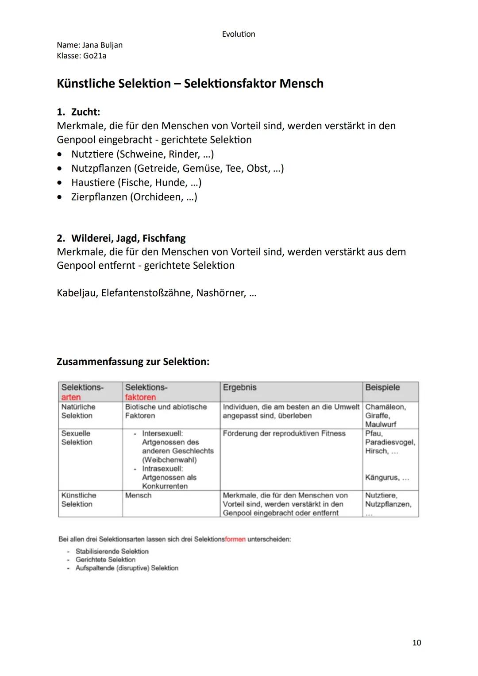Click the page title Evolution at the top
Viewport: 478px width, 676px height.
coord(238,34)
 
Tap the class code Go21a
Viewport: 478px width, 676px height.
coord(94,56)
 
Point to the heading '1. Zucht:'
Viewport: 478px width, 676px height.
coord(78,112)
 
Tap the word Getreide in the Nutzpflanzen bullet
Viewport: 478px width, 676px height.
coord(158,168)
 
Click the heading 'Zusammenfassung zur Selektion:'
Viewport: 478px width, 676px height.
coord(133,362)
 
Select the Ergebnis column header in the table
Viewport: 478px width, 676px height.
coord(239,387)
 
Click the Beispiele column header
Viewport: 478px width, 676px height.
coord(382,387)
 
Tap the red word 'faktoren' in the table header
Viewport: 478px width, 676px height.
coord(140,397)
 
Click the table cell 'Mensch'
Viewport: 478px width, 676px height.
coord(138,495)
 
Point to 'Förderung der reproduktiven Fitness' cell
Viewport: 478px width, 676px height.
coord(284,433)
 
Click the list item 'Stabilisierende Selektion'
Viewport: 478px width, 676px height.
coord(112,551)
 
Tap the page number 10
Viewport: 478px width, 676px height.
coord(416,642)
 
